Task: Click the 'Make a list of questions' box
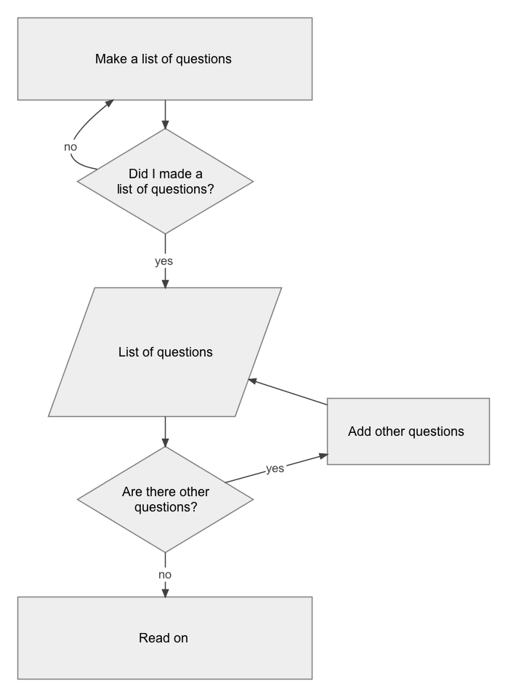coord(165,59)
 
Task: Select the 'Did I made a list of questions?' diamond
coord(165,181)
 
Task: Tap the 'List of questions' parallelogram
coord(165,352)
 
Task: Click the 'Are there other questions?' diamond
coord(165,499)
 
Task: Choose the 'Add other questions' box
coord(408,431)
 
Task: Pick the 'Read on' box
coord(165,638)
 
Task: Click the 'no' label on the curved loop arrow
coord(70,147)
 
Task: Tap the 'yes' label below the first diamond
coord(164,261)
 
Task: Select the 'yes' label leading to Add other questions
coord(275,469)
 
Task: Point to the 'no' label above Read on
coord(165,575)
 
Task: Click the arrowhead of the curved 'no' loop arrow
coord(110,103)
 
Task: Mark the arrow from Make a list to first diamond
coord(165,115)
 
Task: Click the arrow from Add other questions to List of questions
coord(287,392)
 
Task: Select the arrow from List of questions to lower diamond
coord(165,431)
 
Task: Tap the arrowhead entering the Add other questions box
coord(323,455)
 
